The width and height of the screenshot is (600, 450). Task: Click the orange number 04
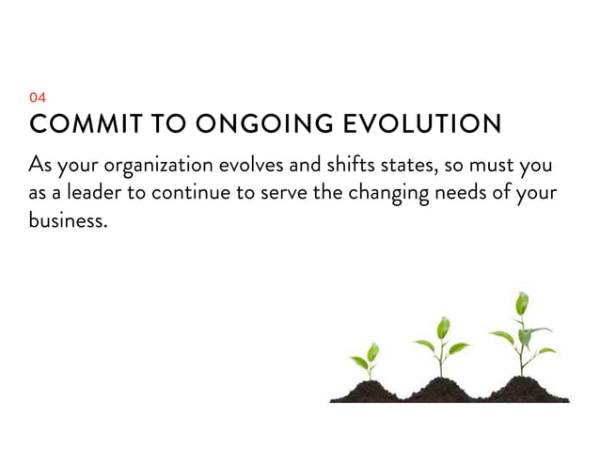38,97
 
